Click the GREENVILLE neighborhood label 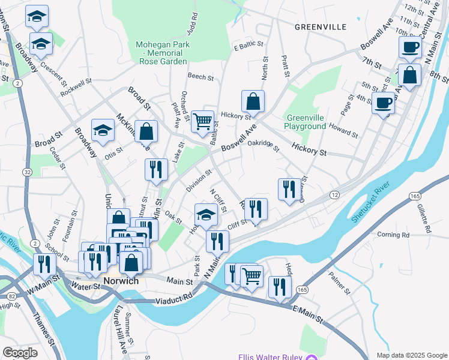point(321,27)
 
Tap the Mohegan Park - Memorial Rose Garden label point(163,53)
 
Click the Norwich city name point(121,281)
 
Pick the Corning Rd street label point(393,235)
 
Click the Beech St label point(200,77)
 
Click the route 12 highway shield point(334,196)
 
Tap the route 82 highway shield point(13,296)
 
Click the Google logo point(20,353)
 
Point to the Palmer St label point(340,283)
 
